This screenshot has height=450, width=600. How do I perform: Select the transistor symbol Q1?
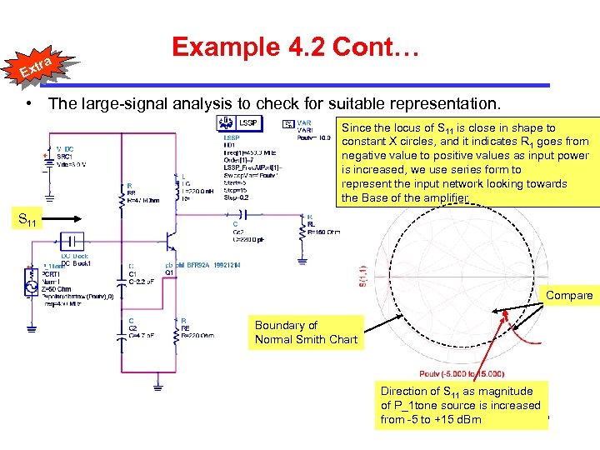coord(172,242)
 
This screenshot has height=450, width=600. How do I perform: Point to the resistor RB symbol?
coord(122,194)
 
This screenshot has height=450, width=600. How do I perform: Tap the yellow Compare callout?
coord(570,295)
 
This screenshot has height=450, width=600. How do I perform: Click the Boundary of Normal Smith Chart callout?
coord(306,332)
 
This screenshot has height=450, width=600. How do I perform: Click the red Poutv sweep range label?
coord(451,372)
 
